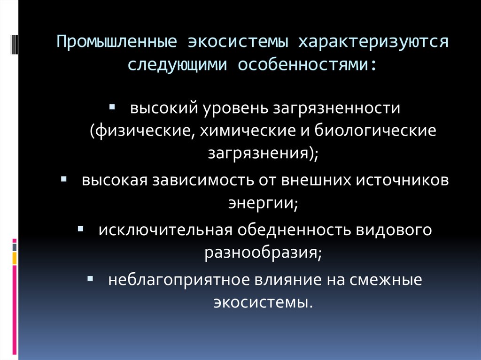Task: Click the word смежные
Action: (x=386, y=280)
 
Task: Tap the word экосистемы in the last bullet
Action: (x=263, y=301)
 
